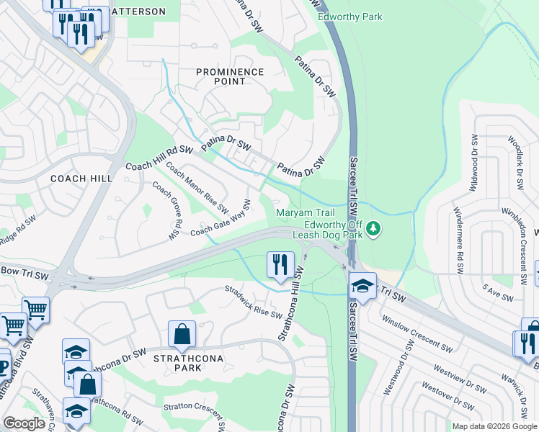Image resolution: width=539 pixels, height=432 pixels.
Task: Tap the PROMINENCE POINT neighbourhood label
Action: pos(230,76)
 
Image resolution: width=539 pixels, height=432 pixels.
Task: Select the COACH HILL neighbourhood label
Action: pos(79,178)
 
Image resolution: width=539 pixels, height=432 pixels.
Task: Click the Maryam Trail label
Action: pos(301,212)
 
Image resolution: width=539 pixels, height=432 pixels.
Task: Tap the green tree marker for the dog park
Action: pos(373,229)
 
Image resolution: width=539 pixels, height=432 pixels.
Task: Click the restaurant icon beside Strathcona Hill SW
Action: pos(280,264)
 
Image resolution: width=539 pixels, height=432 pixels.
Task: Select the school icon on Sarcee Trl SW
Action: pos(363,285)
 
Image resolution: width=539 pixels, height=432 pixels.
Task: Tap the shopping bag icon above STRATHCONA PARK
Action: pos(182,334)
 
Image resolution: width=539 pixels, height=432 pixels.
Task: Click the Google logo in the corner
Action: pos(24,423)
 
